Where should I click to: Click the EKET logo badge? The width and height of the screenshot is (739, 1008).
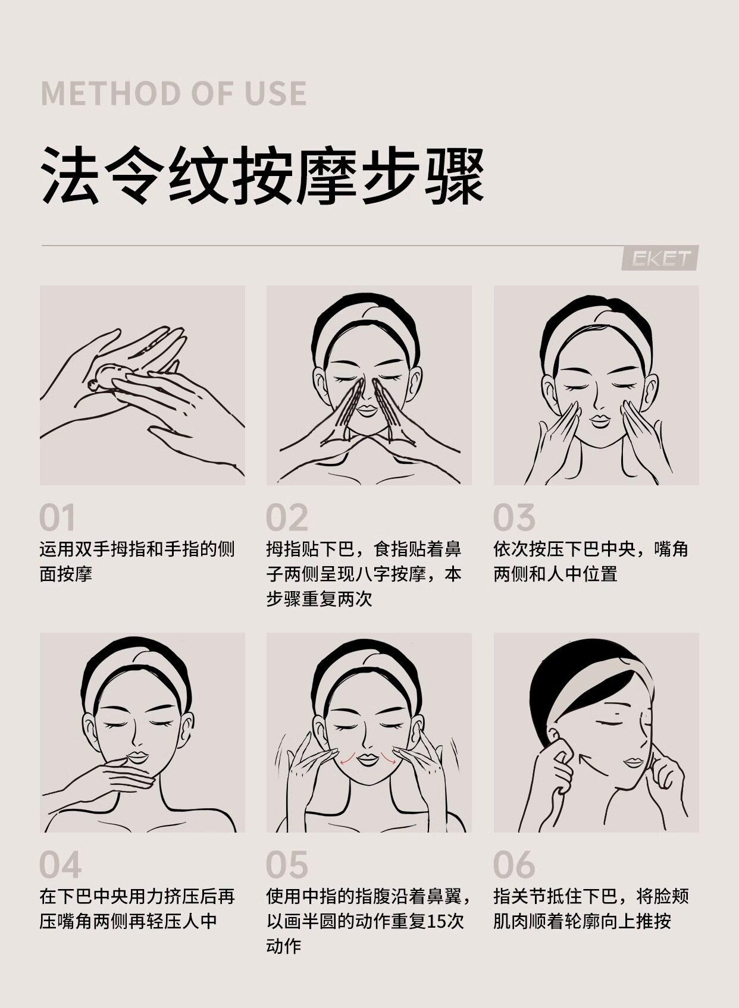pos(660,258)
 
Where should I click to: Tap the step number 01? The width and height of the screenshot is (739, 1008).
pos(58,518)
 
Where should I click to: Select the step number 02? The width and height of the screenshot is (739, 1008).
pos(287,518)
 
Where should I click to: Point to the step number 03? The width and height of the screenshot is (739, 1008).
pos(514,518)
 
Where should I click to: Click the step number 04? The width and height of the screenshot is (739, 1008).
pos(60,865)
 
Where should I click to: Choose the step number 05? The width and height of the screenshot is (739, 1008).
pos(287,865)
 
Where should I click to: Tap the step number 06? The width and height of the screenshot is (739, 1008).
pos(514,865)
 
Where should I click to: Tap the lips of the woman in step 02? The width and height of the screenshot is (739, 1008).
pos(367,410)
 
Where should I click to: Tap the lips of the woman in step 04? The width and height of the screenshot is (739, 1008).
pos(139,757)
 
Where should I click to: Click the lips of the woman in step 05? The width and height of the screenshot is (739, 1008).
pos(367,759)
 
